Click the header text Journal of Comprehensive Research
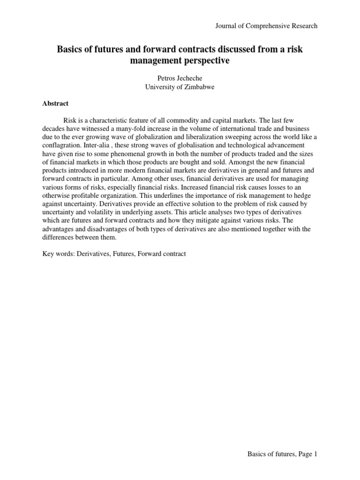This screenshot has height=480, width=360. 266,26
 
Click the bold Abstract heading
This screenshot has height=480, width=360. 55,104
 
